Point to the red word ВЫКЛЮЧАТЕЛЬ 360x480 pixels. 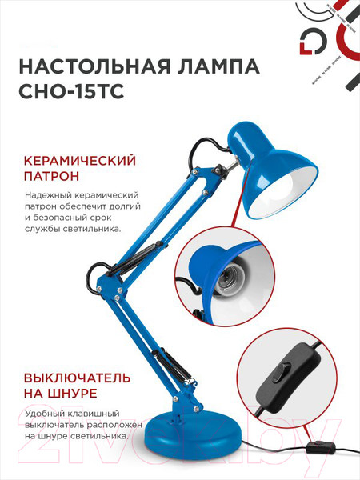73,377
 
